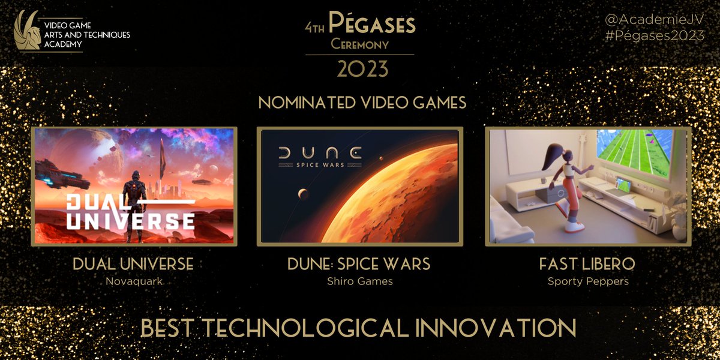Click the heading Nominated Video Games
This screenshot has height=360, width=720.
tap(362, 103)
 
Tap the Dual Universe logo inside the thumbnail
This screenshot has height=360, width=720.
tap(130, 212)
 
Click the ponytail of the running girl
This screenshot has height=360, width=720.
tap(548, 159)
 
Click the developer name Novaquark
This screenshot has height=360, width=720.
tap(133, 281)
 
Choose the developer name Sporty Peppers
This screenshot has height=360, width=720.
tap(588, 281)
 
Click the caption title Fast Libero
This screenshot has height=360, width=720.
tap(588, 265)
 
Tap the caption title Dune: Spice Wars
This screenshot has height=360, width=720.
tap(361, 265)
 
